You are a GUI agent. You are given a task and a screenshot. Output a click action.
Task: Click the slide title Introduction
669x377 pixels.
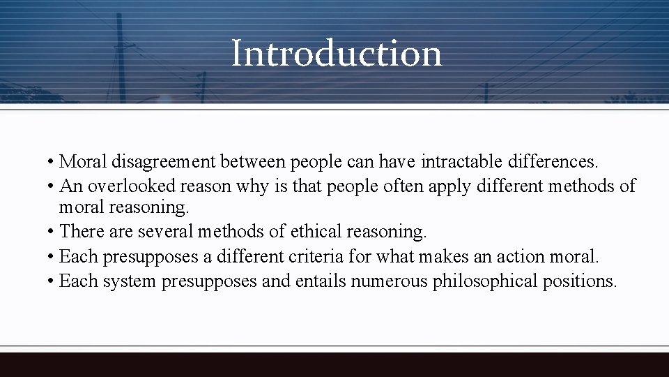tap(336, 53)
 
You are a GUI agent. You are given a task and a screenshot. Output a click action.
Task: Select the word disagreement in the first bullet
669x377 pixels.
tap(165, 162)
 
